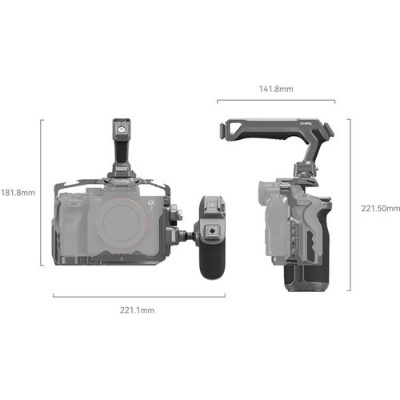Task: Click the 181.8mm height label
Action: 17,192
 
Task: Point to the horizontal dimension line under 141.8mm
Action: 275,101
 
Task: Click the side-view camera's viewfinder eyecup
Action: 261,192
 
